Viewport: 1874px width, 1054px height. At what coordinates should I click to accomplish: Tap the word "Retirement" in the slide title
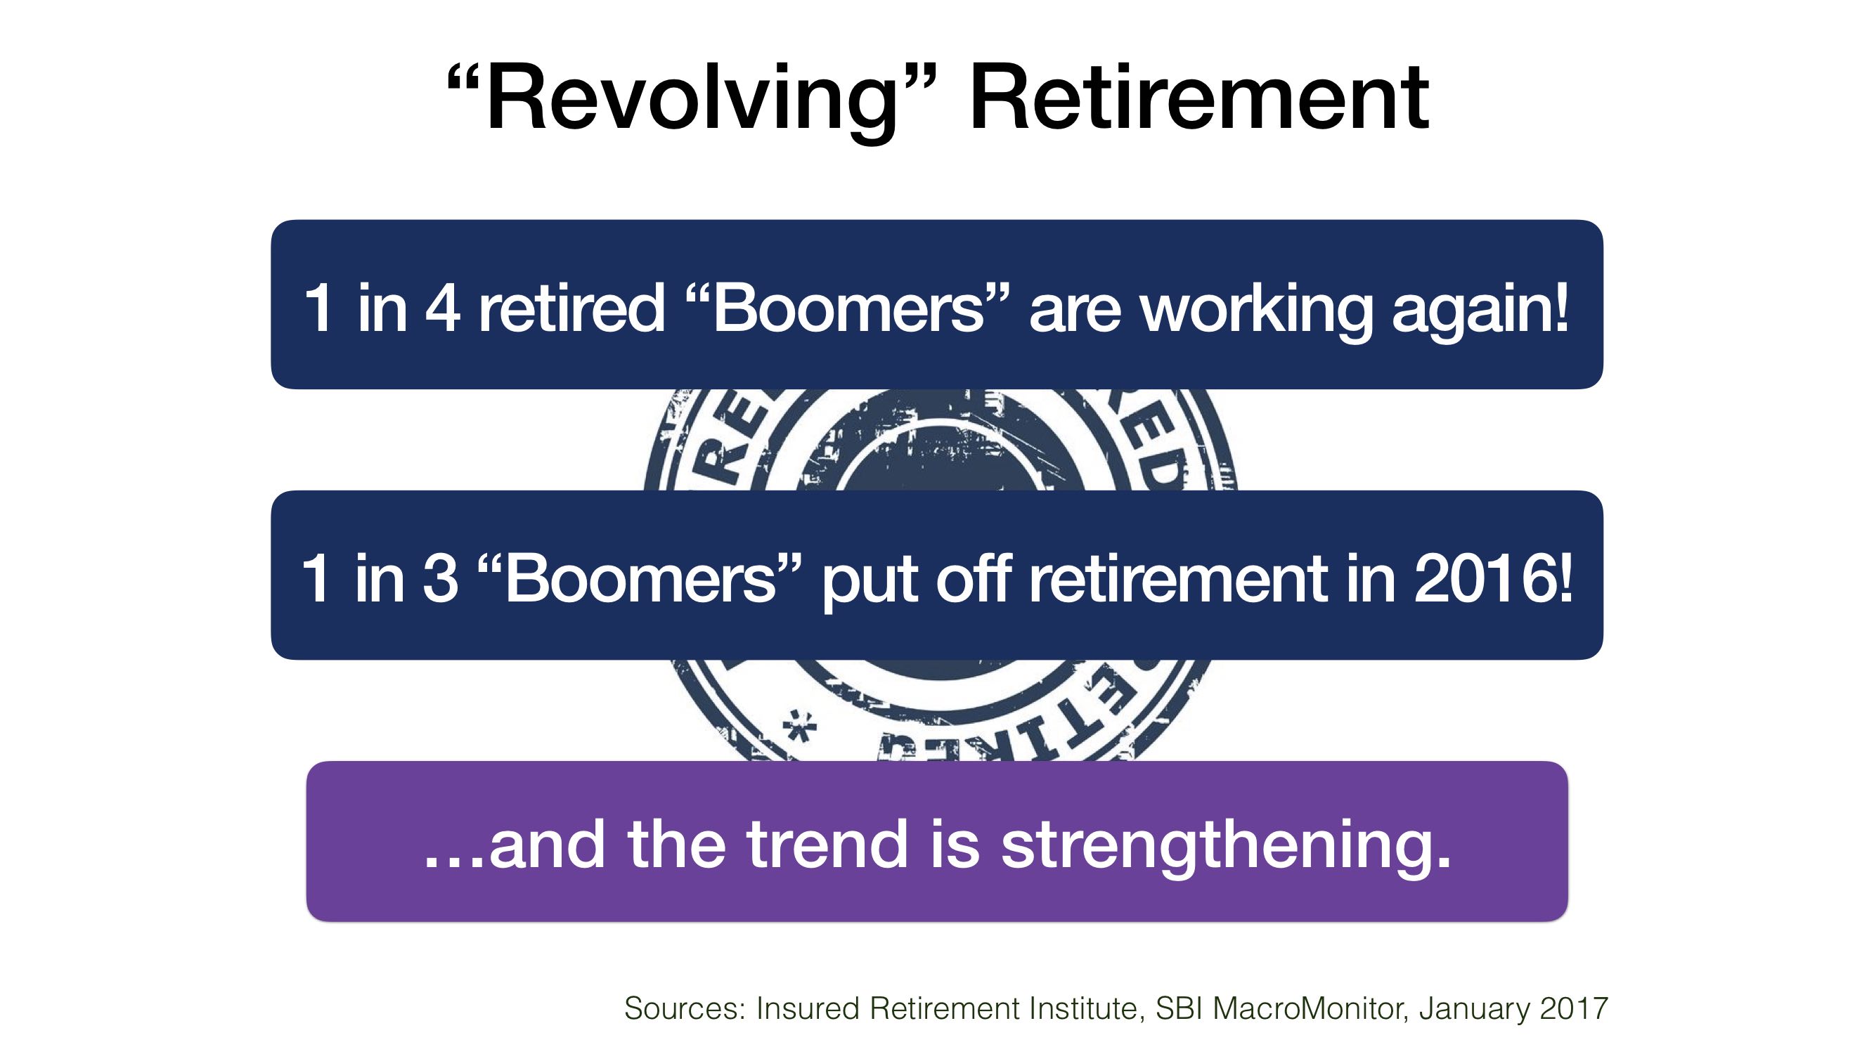click(x=1199, y=98)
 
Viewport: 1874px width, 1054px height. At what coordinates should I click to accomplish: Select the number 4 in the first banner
click(x=442, y=307)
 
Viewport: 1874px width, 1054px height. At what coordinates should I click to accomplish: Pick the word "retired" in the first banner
click(x=571, y=307)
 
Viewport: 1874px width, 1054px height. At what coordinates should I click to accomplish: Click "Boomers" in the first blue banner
click(x=848, y=307)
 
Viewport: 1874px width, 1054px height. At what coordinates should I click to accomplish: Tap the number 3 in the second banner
click(x=439, y=578)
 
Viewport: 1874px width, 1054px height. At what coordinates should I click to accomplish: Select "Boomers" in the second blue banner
click(x=640, y=578)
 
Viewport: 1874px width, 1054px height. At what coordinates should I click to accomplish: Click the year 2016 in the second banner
click(x=1484, y=578)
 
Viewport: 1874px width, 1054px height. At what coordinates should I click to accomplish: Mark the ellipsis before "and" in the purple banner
click(x=454, y=862)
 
